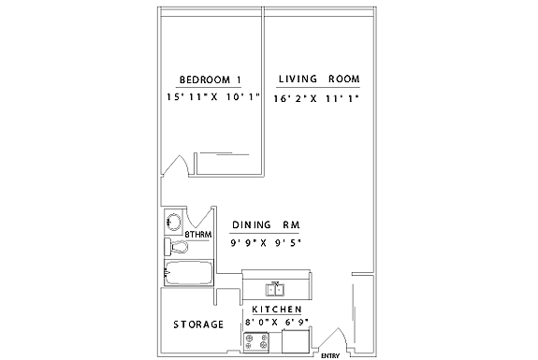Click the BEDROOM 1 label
click(x=210, y=79)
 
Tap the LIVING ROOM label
click(x=319, y=79)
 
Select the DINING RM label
click(x=266, y=225)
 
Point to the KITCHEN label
click(x=277, y=310)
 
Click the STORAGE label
click(x=198, y=324)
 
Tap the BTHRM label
click(x=198, y=235)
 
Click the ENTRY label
click(x=330, y=356)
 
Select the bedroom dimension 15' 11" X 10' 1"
click(x=212, y=97)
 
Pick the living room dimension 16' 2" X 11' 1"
click(x=316, y=99)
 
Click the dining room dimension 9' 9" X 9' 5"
click(x=266, y=243)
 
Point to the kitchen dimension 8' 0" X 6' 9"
click(x=277, y=322)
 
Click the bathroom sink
click(x=173, y=222)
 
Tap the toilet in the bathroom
click(x=176, y=247)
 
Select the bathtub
click(x=189, y=273)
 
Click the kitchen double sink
click(x=275, y=290)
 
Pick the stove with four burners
click(x=256, y=342)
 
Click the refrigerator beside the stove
click(x=296, y=340)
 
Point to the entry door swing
click(x=333, y=338)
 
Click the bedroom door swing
click(x=175, y=166)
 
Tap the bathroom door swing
click(x=199, y=217)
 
